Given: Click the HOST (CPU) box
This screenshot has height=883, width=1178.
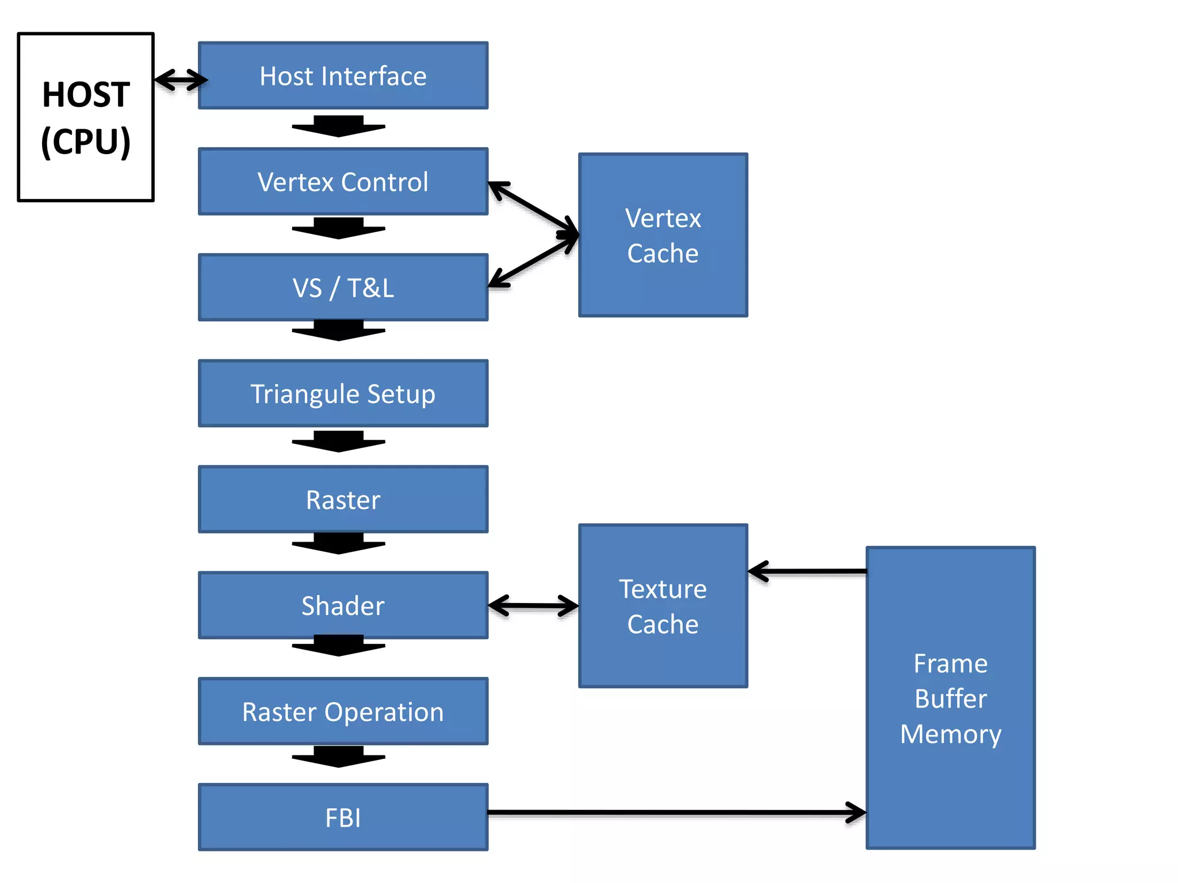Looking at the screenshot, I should (86, 117).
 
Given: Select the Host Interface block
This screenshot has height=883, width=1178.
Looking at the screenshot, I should (343, 76).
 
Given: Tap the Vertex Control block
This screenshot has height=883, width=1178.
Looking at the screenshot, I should (343, 182).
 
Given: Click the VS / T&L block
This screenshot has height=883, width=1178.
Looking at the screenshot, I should (343, 287).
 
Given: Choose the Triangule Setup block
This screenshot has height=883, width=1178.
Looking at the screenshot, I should (343, 394).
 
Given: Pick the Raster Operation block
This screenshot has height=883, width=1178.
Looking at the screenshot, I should (343, 712).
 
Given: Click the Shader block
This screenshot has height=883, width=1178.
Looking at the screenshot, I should (343, 605).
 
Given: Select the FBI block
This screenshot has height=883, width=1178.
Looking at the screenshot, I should (343, 817).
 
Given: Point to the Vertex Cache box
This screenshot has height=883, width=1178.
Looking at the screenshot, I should (663, 235).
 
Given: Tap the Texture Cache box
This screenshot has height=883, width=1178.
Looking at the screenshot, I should (663, 606).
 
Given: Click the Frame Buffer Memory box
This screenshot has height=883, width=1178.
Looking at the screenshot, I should (950, 697).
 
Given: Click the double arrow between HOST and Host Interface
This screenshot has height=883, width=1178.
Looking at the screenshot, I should (181, 80).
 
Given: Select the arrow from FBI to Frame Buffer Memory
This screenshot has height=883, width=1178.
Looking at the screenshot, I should (676, 812).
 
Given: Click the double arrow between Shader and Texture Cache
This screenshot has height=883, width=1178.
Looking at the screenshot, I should (533, 605).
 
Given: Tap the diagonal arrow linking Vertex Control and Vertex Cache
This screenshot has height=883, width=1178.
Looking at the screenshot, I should (533, 209).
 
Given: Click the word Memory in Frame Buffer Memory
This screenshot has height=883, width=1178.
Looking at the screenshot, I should (950, 734).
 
